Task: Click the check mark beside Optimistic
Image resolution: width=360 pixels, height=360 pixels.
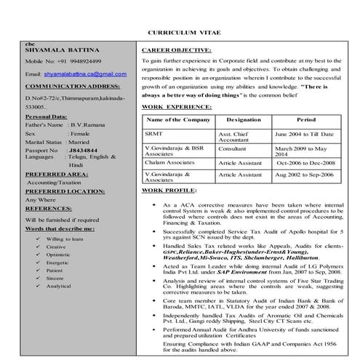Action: click(x=36, y=255)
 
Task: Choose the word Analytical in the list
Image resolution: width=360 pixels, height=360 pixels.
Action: click(x=59, y=286)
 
